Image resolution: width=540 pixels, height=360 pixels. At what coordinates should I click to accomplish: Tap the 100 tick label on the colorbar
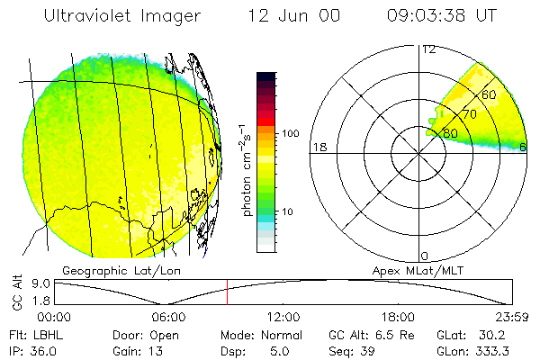[x=290, y=133]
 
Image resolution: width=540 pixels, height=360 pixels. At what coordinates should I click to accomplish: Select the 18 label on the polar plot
[x=318, y=147]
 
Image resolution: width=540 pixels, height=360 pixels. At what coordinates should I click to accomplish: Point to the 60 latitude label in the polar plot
[x=489, y=94]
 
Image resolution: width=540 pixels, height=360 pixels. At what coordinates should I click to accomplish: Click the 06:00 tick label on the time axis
[x=168, y=317]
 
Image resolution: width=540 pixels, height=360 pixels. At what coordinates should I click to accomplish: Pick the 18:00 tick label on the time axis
[x=398, y=317]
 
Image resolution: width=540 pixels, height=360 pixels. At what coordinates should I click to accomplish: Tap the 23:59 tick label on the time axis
[x=510, y=317]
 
